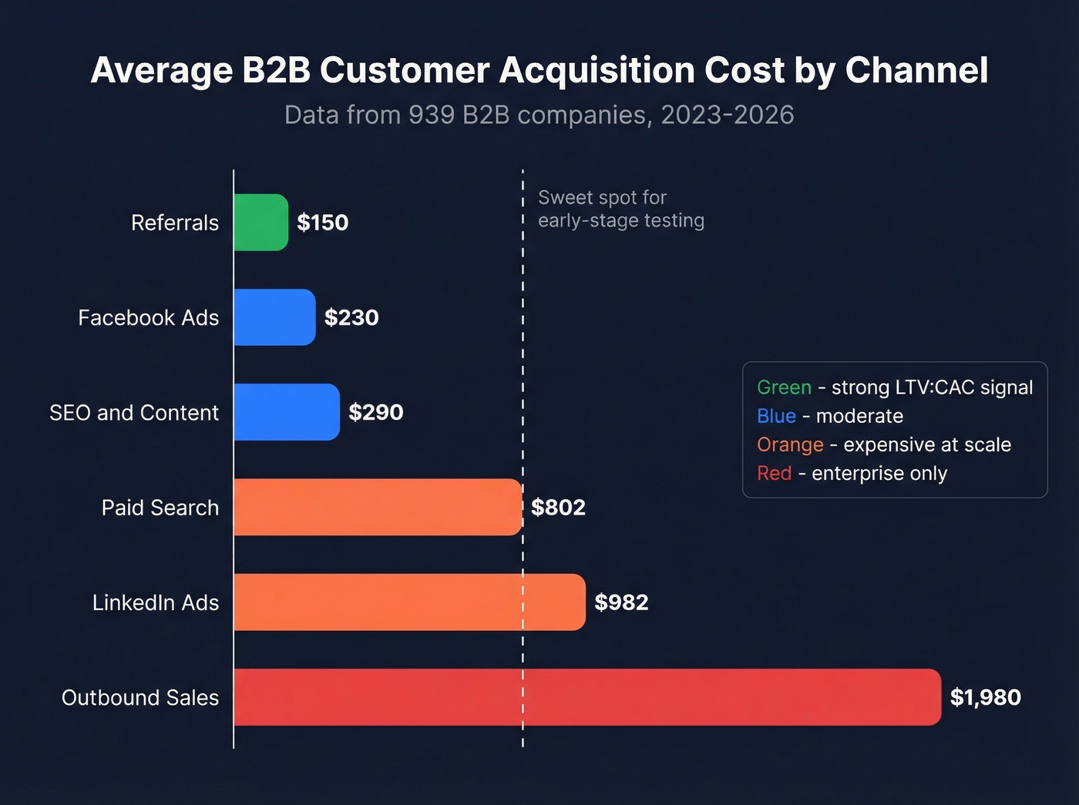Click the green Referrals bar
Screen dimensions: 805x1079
coord(261,223)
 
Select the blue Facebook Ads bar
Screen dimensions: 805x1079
coord(274,317)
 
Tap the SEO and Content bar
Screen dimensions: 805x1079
coord(287,412)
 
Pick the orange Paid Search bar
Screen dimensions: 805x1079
coord(378,507)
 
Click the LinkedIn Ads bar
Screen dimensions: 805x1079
coord(409,602)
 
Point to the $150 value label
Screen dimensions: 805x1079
coord(323,223)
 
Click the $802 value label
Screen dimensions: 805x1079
coord(558,508)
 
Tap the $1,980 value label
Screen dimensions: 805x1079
coord(985,697)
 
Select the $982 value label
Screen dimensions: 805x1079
coord(621,602)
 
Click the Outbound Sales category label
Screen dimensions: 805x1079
coord(140,698)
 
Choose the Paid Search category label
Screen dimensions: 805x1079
coord(160,508)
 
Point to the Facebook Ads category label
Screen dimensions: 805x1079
coord(149,318)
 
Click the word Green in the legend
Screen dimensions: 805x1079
coord(784,387)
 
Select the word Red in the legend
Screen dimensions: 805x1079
coord(774,473)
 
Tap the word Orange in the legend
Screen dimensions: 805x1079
coord(790,444)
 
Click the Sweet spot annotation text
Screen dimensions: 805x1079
coord(620,209)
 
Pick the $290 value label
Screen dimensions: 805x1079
coord(375,412)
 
